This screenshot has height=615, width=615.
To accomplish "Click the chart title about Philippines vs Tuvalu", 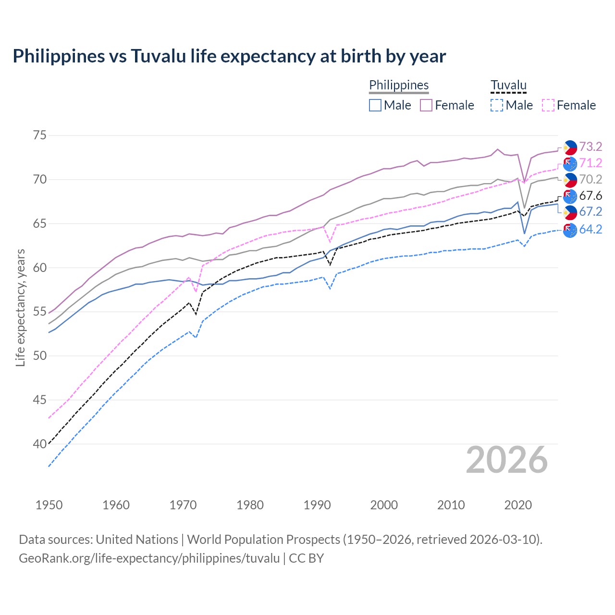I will coord(229,56).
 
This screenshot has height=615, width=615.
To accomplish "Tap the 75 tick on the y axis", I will coord(40,135).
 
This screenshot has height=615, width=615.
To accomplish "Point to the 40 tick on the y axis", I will coord(40,444).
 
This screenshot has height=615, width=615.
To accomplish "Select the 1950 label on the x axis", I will coord(49,505).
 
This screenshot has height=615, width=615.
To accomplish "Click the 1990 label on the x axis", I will coord(317,505).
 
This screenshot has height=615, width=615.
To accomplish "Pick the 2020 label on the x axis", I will coord(518,505).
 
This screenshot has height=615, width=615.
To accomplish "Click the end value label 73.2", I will coord(590,147).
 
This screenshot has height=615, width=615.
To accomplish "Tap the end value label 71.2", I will coord(590,163).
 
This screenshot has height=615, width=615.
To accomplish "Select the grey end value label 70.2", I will coord(590,179).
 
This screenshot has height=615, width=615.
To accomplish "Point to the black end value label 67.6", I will coord(590,196).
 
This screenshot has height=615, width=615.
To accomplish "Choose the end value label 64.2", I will coord(590,229).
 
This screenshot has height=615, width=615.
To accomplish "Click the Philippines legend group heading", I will coord(399,85).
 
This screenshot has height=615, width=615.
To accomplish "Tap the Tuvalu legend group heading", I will coord(508,85).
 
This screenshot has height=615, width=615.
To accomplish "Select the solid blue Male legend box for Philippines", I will coord(375,105).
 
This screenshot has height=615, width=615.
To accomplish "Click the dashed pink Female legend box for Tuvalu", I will coord(548,105).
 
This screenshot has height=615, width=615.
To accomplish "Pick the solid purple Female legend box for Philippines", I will coord(426,105).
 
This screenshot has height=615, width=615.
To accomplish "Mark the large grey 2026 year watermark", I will coord(507,460).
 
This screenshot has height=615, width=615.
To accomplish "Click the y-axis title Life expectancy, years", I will coord(20,307).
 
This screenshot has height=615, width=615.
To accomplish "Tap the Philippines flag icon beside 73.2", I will coord(570,147).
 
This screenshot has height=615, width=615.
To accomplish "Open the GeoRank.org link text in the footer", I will coord(149,558).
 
